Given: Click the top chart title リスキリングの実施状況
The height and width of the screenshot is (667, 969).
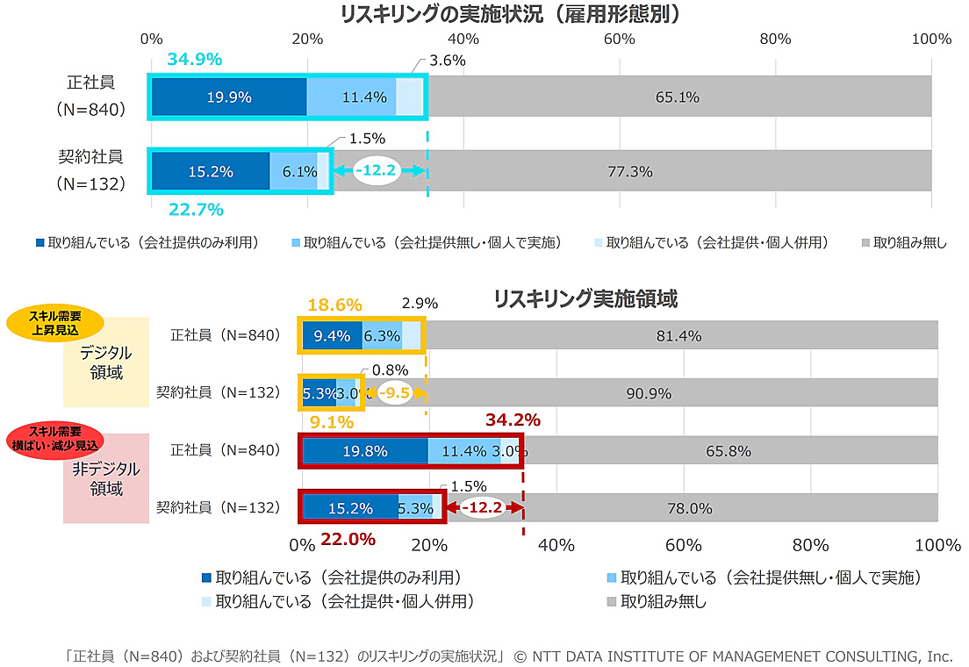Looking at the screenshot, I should coord(510,14).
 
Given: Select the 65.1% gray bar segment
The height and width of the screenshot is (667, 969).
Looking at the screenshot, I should coord(678,97).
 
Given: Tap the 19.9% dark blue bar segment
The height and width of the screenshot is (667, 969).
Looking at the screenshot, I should coord(229,97).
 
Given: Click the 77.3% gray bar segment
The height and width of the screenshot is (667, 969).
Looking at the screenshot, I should coord(630,171).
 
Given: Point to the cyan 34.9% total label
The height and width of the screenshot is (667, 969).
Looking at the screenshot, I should coord(194,60).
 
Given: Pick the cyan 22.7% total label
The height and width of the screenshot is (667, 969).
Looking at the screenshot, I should coord(196,210).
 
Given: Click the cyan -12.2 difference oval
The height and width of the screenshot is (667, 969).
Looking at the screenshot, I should coord(377,171).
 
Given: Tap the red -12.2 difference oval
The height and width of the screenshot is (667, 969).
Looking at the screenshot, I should coord(484,507).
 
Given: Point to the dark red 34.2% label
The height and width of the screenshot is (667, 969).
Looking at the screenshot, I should coord(513,420).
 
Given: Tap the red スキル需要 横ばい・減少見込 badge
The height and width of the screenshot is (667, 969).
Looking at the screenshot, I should coord(54,438).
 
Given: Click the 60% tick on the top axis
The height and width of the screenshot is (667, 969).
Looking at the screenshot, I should coord(620,39).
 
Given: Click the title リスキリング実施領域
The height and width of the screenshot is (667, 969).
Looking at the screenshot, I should coord(585,299).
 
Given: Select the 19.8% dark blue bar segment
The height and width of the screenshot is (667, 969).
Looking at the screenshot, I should coord(365,451).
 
